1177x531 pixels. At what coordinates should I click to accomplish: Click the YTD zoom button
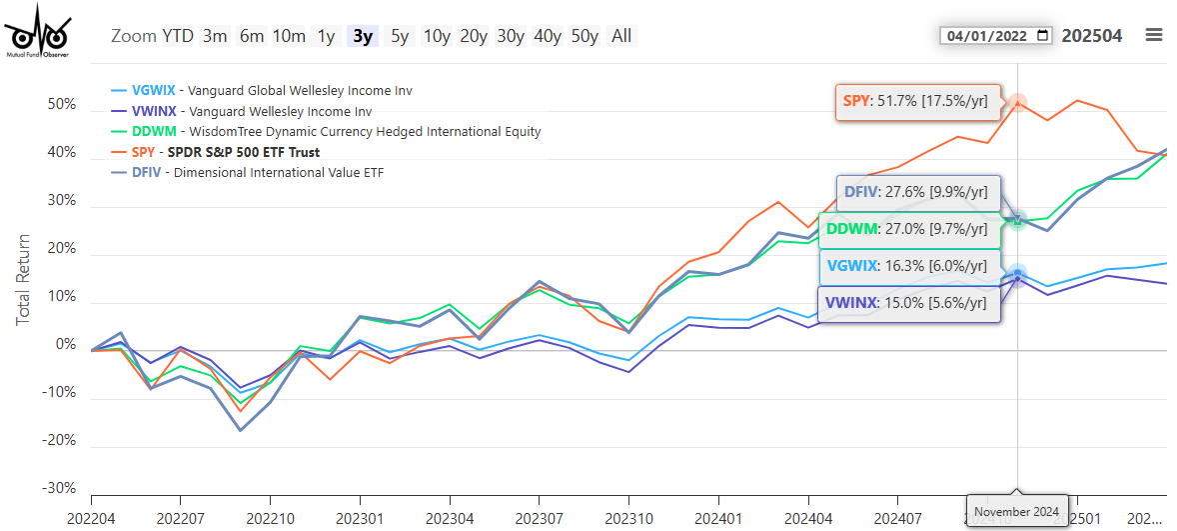pyautogui.click(x=178, y=36)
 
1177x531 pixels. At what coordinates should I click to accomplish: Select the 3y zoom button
pyautogui.click(x=362, y=36)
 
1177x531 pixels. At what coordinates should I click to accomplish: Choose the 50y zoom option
pyautogui.click(x=585, y=36)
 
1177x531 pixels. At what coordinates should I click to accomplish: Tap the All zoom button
pyautogui.click(x=621, y=36)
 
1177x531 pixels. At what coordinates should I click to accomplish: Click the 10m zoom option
pyautogui.click(x=289, y=36)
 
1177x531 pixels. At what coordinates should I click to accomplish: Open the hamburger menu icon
pyautogui.click(x=1154, y=35)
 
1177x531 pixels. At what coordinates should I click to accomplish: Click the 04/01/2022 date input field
pyautogui.click(x=996, y=36)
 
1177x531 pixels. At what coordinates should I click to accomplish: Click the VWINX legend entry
pyautogui.click(x=251, y=112)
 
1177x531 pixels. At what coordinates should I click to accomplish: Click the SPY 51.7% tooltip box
pyautogui.click(x=917, y=101)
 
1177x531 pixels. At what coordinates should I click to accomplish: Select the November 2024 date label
pyautogui.click(x=1017, y=511)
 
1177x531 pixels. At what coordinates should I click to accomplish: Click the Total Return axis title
pyautogui.click(x=23, y=280)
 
